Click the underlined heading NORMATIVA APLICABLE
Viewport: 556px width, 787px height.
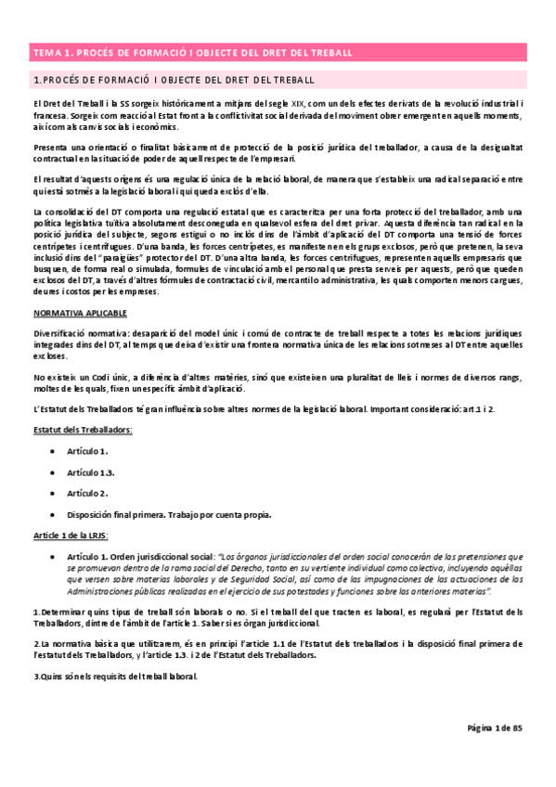[73, 313]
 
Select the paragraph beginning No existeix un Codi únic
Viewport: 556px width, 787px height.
[278, 381]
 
